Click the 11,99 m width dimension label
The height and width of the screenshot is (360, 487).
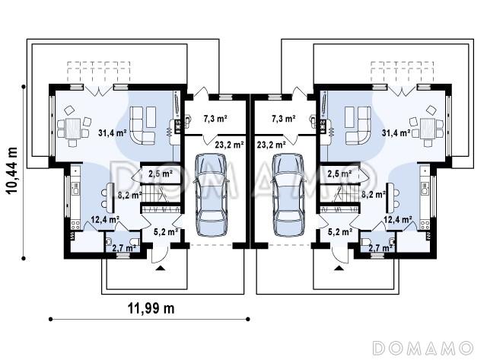point(151,308)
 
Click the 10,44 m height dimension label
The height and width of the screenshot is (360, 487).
point(12,170)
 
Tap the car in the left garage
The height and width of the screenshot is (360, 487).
point(210,195)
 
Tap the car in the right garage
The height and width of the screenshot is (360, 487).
point(288,195)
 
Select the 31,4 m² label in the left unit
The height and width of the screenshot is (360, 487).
point(112,133)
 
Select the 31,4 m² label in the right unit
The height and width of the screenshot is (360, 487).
point(396,133)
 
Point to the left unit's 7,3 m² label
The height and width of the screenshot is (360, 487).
point(215,118)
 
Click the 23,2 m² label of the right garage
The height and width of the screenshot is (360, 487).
point(272,145)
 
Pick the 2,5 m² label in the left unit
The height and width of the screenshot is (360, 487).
point(161,174)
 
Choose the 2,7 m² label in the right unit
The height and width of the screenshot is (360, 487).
point(380,248)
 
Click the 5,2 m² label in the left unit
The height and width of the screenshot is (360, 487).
point(166,231)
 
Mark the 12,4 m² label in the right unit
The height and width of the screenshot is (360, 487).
point(398,220)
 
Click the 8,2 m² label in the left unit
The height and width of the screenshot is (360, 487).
point(130,196)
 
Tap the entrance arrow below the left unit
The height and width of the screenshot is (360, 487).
point(161,269)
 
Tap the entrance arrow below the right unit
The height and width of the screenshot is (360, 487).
point(339,269)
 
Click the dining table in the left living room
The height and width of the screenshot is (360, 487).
point(73,129)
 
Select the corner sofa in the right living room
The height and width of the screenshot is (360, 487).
point(358,125)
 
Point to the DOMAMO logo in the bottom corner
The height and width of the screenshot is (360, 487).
point(422,348)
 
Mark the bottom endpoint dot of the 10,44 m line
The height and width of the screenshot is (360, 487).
point(24,258)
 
